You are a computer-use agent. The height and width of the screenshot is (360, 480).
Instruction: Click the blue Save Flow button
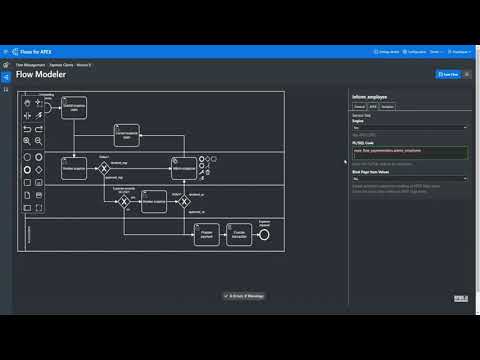coord(448,74)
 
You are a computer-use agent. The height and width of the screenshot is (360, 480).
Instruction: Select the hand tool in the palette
coord(26,103)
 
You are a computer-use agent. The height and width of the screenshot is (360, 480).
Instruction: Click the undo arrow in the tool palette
coord(26,128)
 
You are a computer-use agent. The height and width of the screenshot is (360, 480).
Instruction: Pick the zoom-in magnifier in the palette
coord(26,141)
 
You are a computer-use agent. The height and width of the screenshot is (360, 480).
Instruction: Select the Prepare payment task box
coord(205,234)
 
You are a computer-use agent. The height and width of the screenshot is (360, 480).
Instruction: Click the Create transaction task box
coord(240,234)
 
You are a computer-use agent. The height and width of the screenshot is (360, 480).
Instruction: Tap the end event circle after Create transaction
coord(264,234)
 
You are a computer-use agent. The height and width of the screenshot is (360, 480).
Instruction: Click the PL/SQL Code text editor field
coord(409,152)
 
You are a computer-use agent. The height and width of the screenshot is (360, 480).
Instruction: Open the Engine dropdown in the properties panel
coord(409,127)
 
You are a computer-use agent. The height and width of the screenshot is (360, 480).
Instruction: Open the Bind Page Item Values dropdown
coord(409,178)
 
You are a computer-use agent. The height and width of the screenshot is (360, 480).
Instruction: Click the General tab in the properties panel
coord(358,106)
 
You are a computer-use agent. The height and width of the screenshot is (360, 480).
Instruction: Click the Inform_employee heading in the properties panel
coord(371,96)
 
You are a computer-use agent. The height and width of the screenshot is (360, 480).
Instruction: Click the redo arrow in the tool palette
coord(39,128)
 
